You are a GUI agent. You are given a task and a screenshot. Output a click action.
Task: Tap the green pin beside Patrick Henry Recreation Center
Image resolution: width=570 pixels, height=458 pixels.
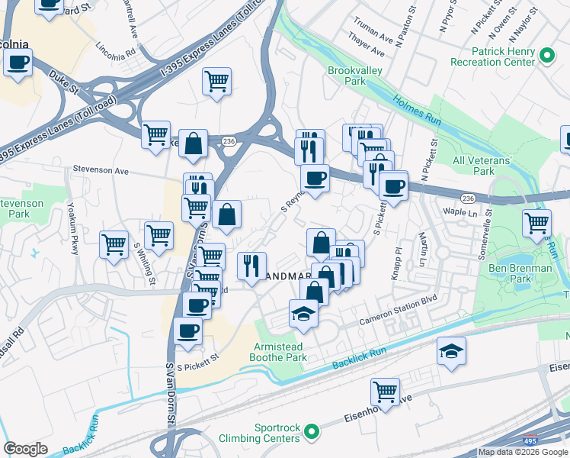[546, 56]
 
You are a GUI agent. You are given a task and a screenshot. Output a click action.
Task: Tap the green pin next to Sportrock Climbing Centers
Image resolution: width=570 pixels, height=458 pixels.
[311, 433]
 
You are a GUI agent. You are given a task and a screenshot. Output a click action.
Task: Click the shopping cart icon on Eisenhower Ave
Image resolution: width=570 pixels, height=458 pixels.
[386, 392]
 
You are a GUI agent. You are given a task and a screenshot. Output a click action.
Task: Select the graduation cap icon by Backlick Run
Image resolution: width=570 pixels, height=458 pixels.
[451, 352]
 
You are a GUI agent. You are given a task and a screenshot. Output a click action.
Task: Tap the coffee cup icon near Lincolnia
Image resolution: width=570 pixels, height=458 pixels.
[18, 63]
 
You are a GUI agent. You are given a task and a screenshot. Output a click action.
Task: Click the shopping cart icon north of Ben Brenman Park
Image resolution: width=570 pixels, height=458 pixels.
[536, 223]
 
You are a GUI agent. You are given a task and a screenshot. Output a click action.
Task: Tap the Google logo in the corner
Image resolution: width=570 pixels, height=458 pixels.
[25, 449]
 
